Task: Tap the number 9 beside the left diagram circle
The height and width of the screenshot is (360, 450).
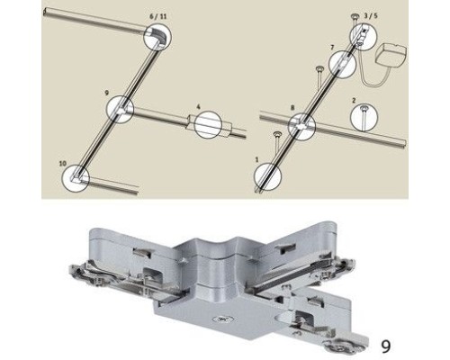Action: click(x=106, y=92)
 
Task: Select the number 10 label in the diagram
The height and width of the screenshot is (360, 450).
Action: click(x=62, y=162)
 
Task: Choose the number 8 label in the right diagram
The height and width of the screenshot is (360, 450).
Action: click(x=292, y=107)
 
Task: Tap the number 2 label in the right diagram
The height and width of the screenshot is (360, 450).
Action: click(x=354, y=101)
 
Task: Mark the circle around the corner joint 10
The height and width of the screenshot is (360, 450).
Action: click(x=77, y=176)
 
